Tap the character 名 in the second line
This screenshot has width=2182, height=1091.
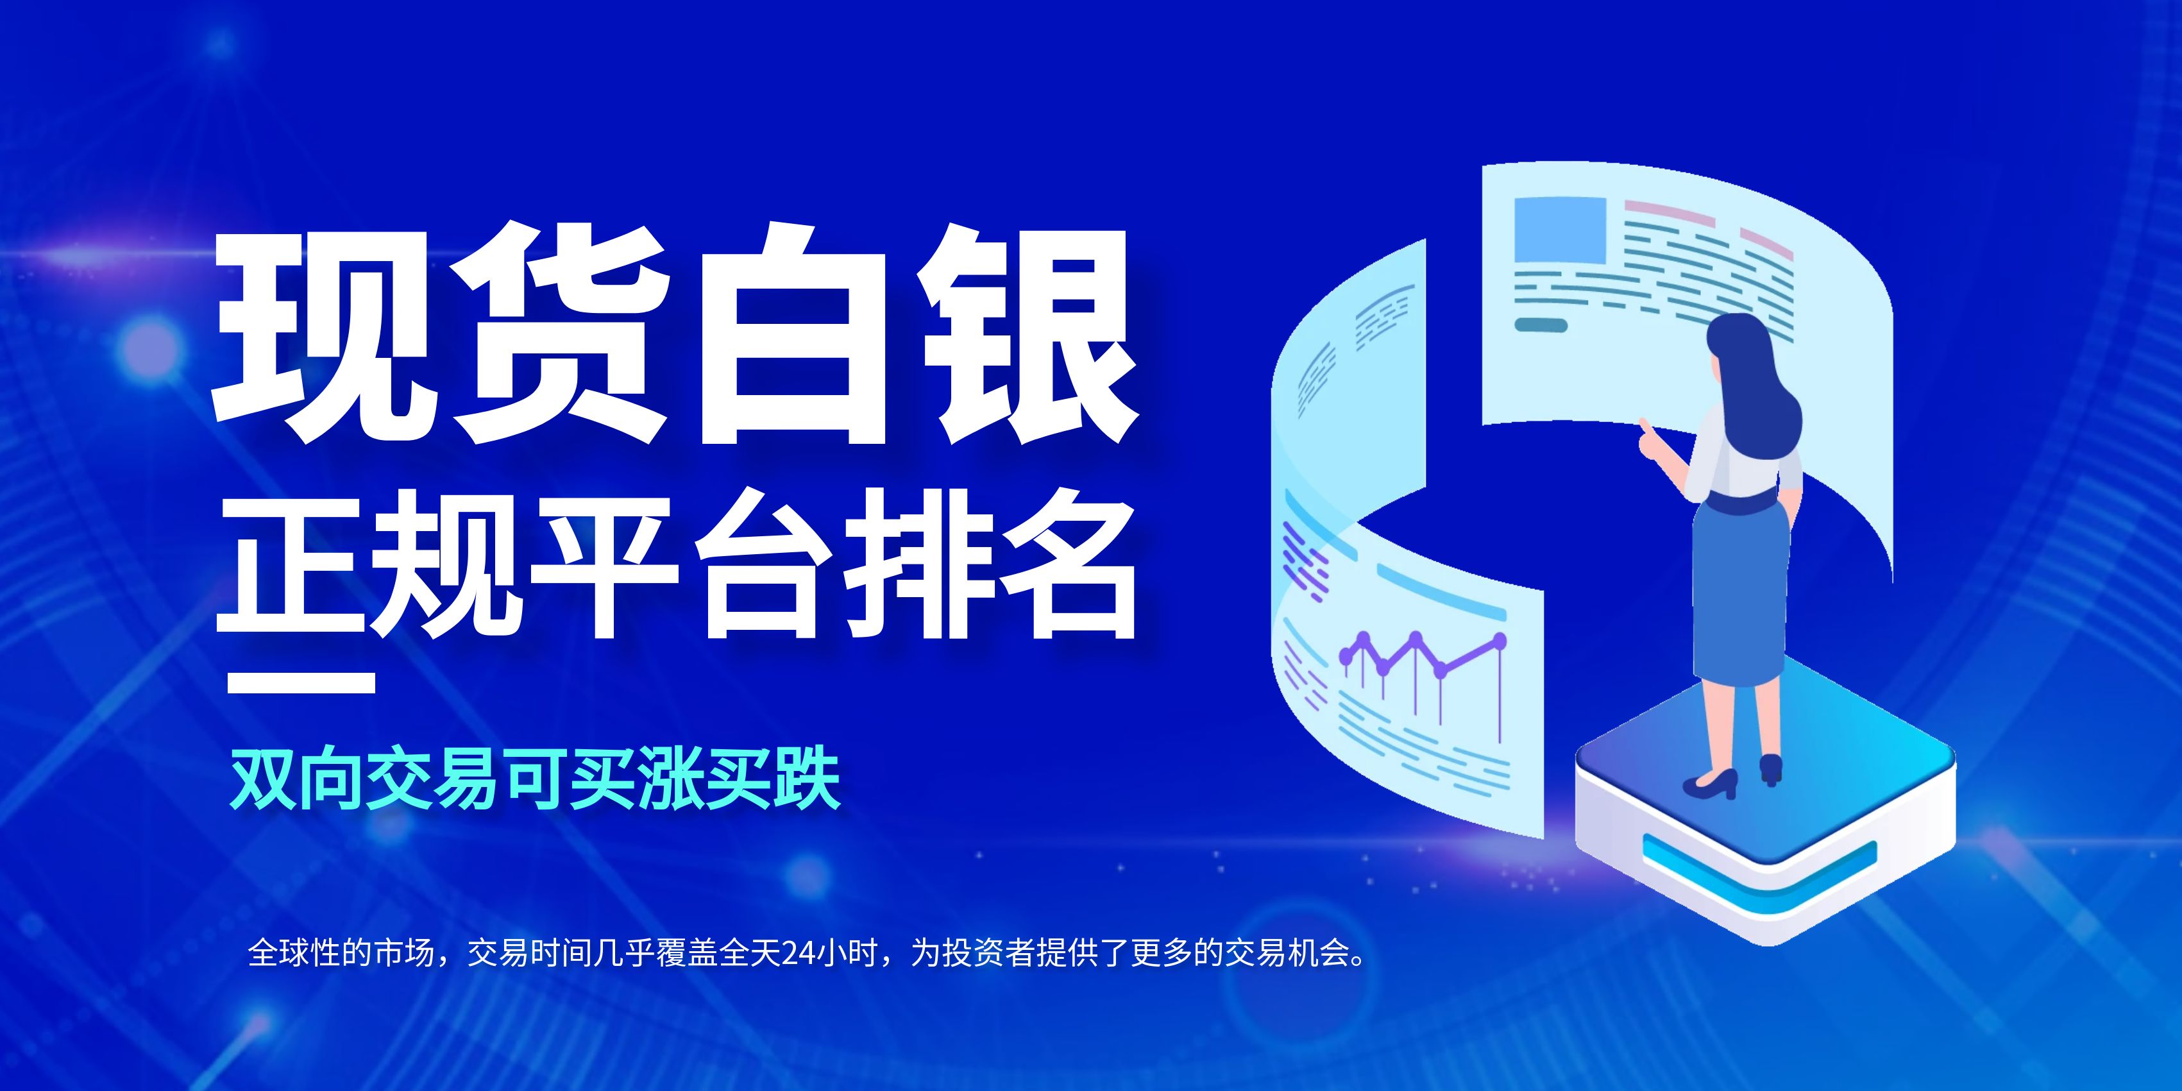pos(1062,565)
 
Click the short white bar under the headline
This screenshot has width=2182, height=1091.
pos(301,682)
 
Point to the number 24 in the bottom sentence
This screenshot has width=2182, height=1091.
pos(797,953)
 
